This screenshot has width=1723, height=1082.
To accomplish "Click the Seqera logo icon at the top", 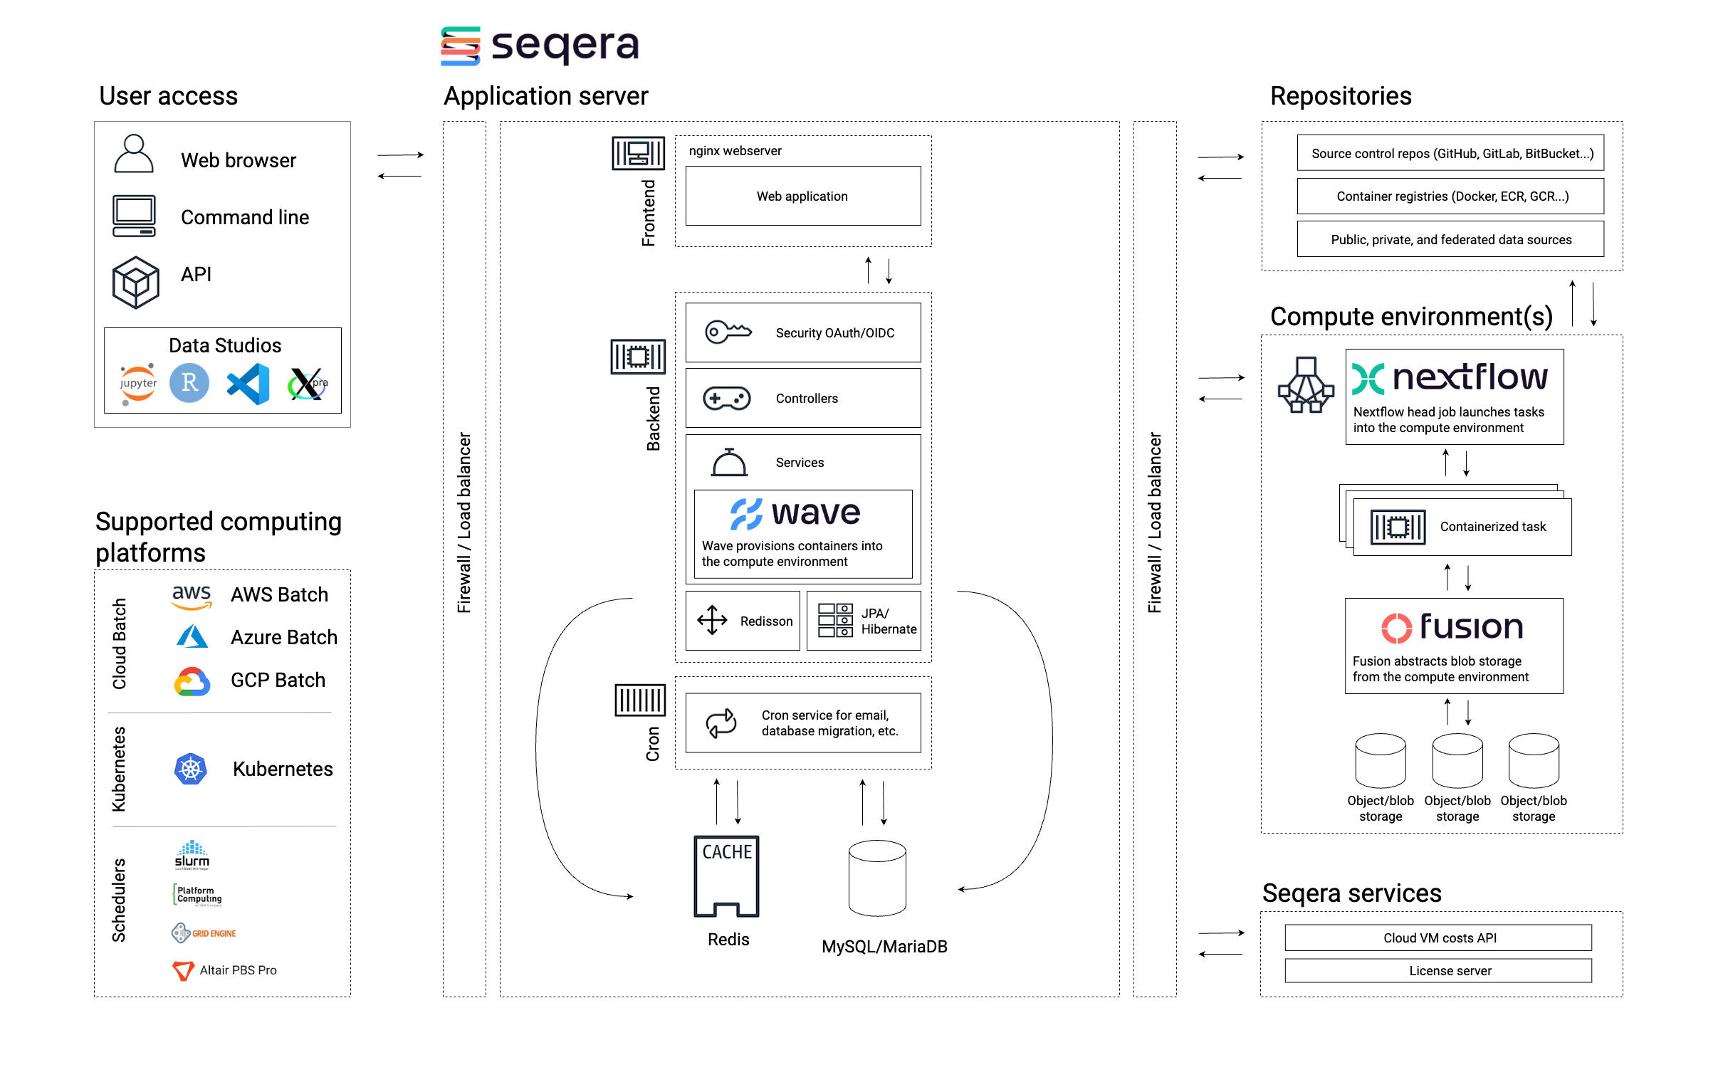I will click(x=460, y=46).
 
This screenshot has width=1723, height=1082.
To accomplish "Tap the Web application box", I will click(x=802, y=196).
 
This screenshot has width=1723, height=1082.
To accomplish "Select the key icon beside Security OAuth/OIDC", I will click(x=728, y=332).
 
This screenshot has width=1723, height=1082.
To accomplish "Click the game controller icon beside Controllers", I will click(x=726, y=398).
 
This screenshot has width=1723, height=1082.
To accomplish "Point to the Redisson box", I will click(x=742, y=621).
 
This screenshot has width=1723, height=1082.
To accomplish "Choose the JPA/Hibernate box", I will click(x=863, y=621).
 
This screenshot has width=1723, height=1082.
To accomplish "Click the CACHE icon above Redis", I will click(x=726, y=876).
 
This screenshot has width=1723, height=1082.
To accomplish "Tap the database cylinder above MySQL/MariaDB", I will click(x=876, y=878).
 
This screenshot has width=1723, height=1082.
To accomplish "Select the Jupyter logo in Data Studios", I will click(x=137, y=384).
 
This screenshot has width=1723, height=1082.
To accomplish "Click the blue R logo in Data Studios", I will click(x=189, y=383).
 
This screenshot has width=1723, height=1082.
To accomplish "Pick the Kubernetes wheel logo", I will click(x=190, y=770).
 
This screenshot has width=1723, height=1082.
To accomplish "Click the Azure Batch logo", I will click(x=192, y=637).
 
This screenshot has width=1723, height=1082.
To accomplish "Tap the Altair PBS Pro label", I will click(x=238, y=970).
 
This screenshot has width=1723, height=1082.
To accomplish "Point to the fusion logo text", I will click(x=1470, y=627).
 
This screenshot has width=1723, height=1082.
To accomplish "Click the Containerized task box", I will click(x=1462, y=527).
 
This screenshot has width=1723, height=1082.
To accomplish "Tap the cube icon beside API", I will click(x=135, y=283).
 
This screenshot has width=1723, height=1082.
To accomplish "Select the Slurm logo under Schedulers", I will click(x=192, y=855).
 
